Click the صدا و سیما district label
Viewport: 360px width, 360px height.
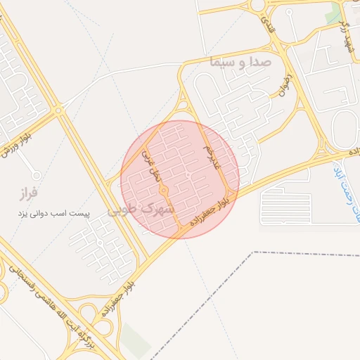[240, 62]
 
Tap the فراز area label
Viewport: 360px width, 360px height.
[29, 191]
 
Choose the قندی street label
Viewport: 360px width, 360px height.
[266, 26]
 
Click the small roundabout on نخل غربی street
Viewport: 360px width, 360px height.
[163, 190]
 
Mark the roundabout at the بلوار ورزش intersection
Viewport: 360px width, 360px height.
[59, 110]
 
